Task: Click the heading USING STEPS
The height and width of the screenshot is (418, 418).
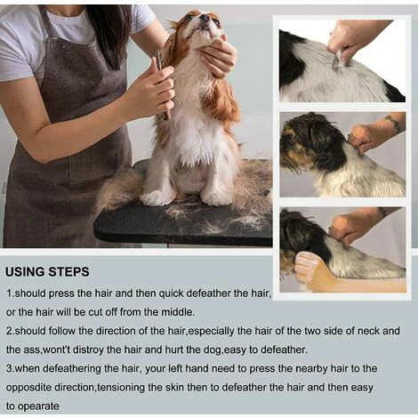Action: (47, 272)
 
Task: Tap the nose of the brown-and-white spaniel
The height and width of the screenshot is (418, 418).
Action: (205, 17)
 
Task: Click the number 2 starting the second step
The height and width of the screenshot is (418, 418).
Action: (9, 331)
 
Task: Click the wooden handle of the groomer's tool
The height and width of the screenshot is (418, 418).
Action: (166, 110)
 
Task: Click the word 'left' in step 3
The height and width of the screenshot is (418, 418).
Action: (175, 369)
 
